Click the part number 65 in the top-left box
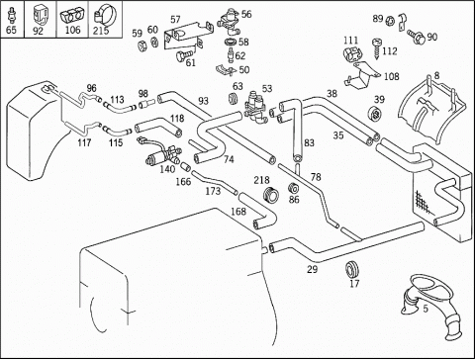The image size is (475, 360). pyautogui.click(x=11, y=30)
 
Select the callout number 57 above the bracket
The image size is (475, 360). pyautogui.click(x=175, y=20)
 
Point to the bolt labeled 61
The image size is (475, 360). pyautogui.click(x=182, y=55)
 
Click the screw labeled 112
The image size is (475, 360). pyautogui.click(x=377, y=48)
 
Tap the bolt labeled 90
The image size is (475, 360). pyautogui.click(x=417, y=36)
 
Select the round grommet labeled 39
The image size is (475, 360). pyautogui.click(x=374, y=114)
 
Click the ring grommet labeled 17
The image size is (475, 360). pyautogui.click(x=351, y=268)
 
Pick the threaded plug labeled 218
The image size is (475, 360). pyautogui.click(x=271, y=195)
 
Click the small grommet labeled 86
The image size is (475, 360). pyautogui.click(x=293, y=188)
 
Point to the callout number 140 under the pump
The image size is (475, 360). pyautogui.click(x=167, y=169)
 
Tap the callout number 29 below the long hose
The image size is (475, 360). pyautogui.click(x=313, y=269)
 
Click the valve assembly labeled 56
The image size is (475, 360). pyautogui.click(x=229, y=22)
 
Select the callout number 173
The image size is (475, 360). pyautogui.click(x=213, y=191)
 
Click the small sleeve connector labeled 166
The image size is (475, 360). pyautogui.click(x=185, y=165)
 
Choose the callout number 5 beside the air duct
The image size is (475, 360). pyautogui.click(x=426, y=309)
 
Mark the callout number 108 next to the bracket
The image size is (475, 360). pyautogui.click(x=392, y=76)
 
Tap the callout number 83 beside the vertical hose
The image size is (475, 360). pyautogui.click(x=309, y=143)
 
